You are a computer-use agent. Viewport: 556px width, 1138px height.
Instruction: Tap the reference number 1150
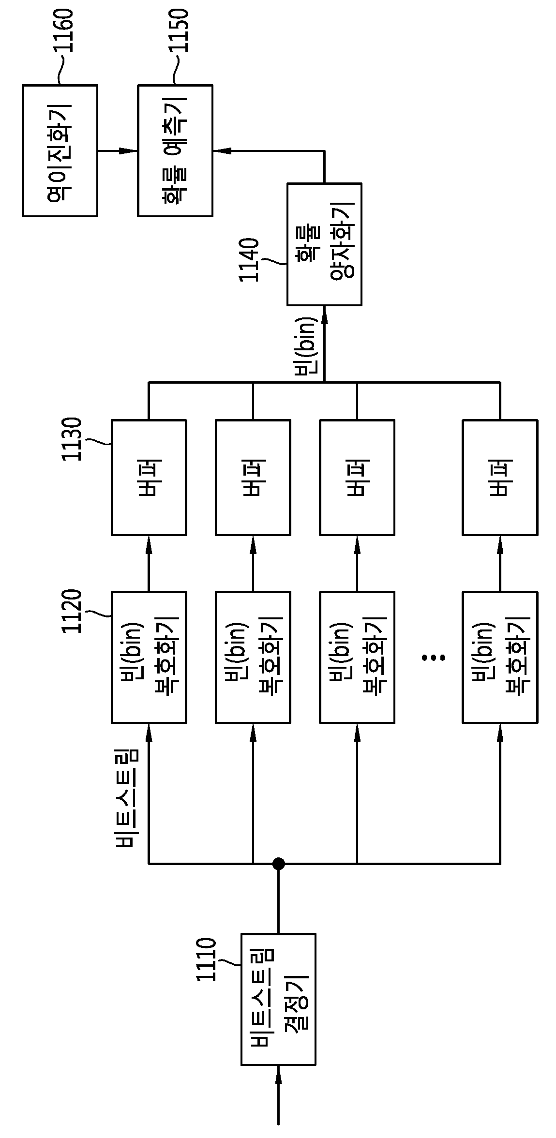point(178,30)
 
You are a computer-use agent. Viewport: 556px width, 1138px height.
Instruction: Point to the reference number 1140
point(249,260)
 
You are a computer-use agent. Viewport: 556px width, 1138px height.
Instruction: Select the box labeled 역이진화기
point(60,150)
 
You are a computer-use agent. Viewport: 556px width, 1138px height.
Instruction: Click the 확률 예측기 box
point(175,150)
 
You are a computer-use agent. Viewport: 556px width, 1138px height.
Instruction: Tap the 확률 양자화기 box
point(324,244)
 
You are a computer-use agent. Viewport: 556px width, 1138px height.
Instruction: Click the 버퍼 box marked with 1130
point(149,478)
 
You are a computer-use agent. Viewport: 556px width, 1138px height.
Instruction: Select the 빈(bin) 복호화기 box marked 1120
point(149,657)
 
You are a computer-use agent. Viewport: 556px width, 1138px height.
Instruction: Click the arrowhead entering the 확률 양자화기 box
point(324,315)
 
